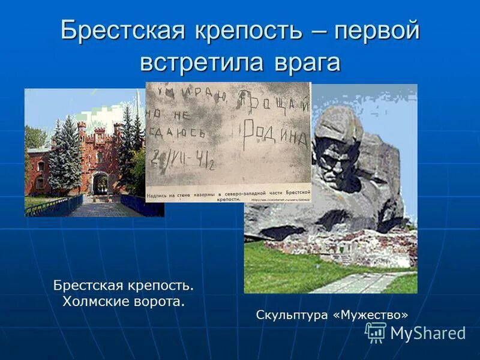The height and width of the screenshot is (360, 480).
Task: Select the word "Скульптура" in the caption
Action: (292, 314)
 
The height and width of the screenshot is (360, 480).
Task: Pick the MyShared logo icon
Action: (376, 332)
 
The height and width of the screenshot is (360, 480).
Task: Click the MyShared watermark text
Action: (428, 334)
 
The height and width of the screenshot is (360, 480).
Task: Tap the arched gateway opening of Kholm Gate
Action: (101, 182)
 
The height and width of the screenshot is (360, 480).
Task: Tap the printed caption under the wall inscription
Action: (228, 196)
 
